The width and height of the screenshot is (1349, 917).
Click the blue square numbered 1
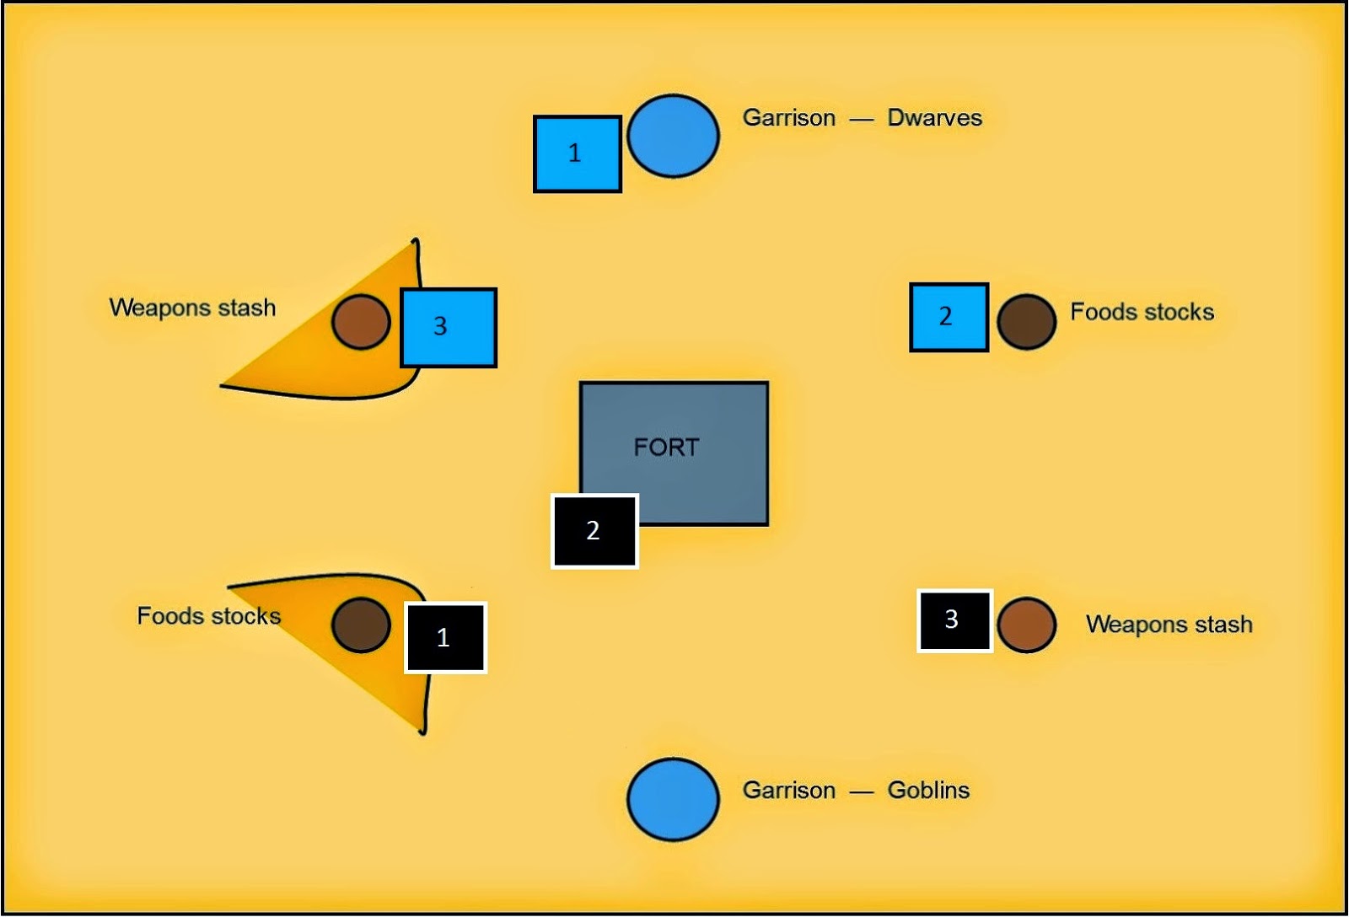coord(578,154)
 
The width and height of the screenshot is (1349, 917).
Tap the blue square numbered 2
coord(949,317)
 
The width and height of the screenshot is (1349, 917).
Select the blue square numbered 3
coord(448,327)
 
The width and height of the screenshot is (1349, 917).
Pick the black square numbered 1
coord(446,637)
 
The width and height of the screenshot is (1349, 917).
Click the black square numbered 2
coord(594,531)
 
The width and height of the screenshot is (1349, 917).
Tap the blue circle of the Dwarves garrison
coord(673,136)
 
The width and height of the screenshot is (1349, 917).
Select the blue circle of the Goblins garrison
coord(673,799)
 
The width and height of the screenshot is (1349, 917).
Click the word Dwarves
coord(934,118)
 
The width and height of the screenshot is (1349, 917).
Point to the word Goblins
coord(928,791)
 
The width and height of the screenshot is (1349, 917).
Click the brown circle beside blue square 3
coord(361,321)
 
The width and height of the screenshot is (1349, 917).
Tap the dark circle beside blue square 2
coord(1026,321)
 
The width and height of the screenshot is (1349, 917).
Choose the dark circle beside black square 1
coord(361,625)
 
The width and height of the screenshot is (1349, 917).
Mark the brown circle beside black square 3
coord(1026,625)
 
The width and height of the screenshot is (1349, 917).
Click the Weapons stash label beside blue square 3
coord(192,308)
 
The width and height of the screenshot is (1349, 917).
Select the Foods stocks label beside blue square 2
coord(1142,313)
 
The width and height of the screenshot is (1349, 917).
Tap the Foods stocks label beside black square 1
coord(208,616)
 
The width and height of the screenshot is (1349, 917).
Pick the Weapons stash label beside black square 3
coord(1169,625)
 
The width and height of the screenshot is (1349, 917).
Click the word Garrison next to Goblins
coord(788,791)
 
